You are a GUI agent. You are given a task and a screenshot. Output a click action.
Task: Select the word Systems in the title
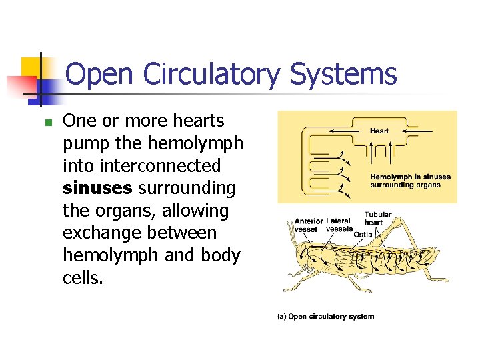point(343,75)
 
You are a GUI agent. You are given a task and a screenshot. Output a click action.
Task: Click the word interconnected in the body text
point(142,166)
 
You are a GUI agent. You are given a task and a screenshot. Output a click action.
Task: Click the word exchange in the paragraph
point(103,233)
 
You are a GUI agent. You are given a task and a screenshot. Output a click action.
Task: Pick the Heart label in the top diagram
point(379,131)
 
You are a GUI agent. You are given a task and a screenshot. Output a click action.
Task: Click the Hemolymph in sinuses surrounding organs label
point(410,181)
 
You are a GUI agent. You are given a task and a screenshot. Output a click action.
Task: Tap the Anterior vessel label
point(307,225)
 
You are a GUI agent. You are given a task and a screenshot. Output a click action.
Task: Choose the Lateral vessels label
point(339,225)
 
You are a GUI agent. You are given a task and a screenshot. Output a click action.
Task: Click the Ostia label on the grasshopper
point(363,234)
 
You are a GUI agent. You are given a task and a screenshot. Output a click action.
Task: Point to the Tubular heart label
point(377,218)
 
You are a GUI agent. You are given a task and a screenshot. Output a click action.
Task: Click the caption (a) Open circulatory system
point(325,317)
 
